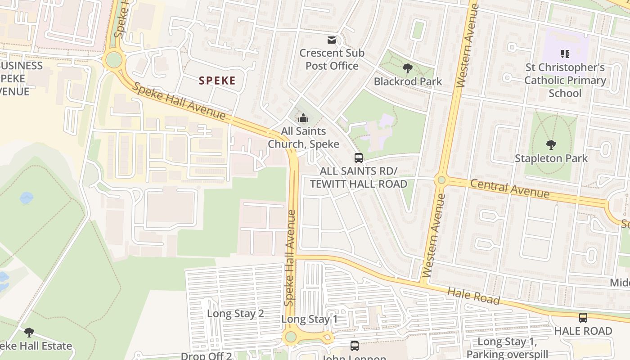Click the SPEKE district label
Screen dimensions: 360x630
pyautogui.click(x=217, y=81)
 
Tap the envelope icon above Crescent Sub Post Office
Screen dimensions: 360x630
pyautogui.click(x=332, y=40)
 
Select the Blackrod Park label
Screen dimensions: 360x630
pyautogui.click(x=408, y=81)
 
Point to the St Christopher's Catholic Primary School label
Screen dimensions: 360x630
pyautogui.click(x=565, y=80)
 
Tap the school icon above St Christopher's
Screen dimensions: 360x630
pyautogui.click(x=565, y=54)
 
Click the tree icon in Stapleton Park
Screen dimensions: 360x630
pyautogui.click(x=551, y=145)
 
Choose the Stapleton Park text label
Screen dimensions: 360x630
pyautogui.click(x=551, y=158)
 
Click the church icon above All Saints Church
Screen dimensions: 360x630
pyautogui.click(x=304, y=118)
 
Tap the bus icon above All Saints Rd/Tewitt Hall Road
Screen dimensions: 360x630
pyautogui.click(x=359, y=158)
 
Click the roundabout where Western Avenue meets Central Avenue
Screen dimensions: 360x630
pyautogui.click(x=441, y=180)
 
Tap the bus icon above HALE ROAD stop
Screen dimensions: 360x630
pyautogui.click(x=583, y=318)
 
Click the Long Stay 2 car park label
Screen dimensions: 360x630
pyautogui.click(x=235, y=314)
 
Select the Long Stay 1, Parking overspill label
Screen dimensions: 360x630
pyautogui.click(x=507, y=348)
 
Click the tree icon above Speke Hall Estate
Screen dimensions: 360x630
pyautogui.click(x=29, y=333)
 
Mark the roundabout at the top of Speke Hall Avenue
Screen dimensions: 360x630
pyautogui.click(x=113, y=59)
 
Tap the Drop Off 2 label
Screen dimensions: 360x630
pyautogui.click(x=206, y=356)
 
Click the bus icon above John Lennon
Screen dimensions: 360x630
pyautogui.click(x=355, y=346)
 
